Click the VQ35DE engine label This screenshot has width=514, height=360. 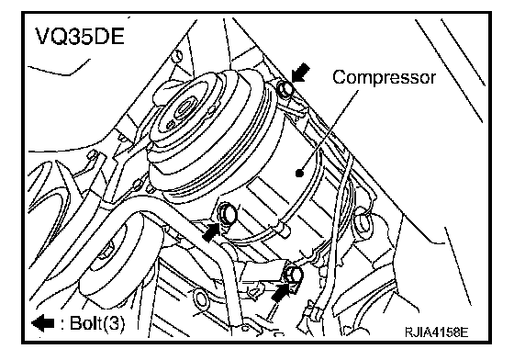click(80, 36)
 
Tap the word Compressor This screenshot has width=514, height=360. click(385, 78)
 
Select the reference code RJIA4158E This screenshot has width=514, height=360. click(437, 332)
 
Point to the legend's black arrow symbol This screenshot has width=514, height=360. click(43, 323)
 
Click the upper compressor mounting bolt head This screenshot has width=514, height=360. click(285, 89)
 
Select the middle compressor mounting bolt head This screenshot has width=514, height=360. click(228, 213)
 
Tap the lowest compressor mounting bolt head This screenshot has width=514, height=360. click(294, 274)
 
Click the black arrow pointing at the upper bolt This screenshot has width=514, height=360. click(300, 73)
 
